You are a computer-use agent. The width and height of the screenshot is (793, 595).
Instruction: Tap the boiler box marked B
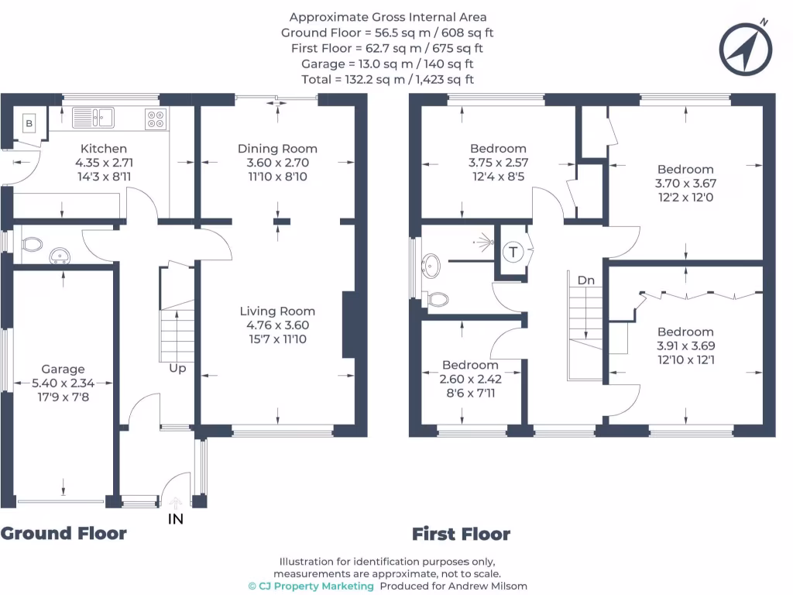(29, 122)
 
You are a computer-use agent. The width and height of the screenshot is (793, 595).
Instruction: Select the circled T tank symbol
(513, 252)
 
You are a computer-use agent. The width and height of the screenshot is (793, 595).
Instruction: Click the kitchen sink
(94, 118)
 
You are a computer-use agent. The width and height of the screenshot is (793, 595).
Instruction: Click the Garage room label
(64, 370)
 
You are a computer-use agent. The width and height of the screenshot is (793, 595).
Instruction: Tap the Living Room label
(277, 311)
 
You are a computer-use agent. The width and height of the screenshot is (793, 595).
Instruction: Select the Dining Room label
(277, 149)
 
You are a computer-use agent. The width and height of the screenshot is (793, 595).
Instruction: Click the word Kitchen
(104, 149)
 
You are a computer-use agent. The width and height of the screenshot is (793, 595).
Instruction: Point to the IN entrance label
(176, 519)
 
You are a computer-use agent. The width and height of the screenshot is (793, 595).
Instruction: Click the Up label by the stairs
(177, 368)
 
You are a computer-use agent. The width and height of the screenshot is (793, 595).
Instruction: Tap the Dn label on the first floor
(585, 280)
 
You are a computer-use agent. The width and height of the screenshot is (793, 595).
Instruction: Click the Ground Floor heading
(64, 533)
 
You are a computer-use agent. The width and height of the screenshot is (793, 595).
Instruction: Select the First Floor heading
(461, 534)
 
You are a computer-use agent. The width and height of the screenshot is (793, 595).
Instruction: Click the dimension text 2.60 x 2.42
(470, 380)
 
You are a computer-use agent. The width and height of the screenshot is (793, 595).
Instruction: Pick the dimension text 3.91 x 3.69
(685, 346)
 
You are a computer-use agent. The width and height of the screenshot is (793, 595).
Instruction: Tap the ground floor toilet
(32, 245)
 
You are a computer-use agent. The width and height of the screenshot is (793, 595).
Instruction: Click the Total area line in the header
(387, 79)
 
